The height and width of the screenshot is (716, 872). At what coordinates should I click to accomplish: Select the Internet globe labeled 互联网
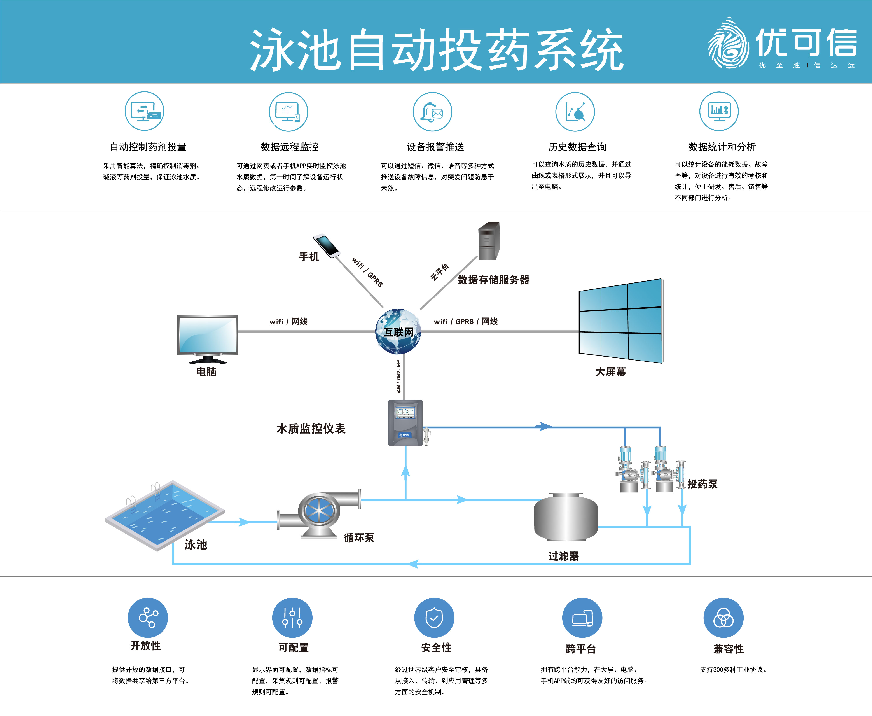point(398,331)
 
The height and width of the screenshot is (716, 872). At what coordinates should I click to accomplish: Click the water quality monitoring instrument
point(405,422)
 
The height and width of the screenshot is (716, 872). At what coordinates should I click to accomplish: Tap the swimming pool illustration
point(165,515)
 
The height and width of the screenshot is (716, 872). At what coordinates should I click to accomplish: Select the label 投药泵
point(702,484)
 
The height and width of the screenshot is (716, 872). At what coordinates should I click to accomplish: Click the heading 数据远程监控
point(289,147)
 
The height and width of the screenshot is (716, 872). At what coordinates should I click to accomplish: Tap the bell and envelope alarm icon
point(432,112)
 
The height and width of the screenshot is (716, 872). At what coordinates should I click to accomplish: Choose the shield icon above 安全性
point(434,617)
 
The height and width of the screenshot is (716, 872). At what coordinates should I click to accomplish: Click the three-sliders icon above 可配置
point(292,617)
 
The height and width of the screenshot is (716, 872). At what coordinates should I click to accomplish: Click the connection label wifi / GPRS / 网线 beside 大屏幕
point(465,321)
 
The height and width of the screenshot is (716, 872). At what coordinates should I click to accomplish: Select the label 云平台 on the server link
point(440,272)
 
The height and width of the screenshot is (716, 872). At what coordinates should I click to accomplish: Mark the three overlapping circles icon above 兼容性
point(723,617)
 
